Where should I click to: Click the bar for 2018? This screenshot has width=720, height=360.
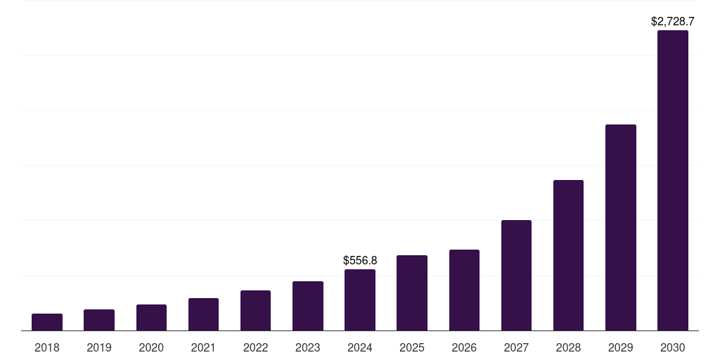tap(47, 322)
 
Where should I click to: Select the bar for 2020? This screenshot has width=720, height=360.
tap(151, 318)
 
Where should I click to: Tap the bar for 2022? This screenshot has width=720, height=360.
tap(255, 311)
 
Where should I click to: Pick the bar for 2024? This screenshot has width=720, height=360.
tap(360, 300)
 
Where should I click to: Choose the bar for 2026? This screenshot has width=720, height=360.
tap(464, 290)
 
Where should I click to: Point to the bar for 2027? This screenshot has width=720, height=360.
tap(516, 276)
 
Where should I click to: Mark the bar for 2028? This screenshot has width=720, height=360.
tap(568, 255)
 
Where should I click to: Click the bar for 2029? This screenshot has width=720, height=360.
tap(620, 228)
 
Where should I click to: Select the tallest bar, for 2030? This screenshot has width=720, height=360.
tap(673, 181)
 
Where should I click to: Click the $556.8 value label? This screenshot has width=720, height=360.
tap(360, 260)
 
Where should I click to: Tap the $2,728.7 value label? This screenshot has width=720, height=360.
tap(673, 22)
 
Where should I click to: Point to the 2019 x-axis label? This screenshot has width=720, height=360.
tap(99, 347)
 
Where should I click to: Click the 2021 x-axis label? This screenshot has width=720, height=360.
tap(203, 347)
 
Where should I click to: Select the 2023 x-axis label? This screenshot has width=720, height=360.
tap(308, 347)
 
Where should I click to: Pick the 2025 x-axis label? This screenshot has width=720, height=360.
tap(412, 347)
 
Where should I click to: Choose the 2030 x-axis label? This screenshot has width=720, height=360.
tap(673, 347)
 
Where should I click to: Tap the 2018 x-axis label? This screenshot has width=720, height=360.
tap(47, 347)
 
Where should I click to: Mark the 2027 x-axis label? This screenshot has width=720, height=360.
tap(516, 347)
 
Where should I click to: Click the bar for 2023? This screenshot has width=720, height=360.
tap(308, 306)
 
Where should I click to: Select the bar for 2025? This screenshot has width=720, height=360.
tap(412, 293)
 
